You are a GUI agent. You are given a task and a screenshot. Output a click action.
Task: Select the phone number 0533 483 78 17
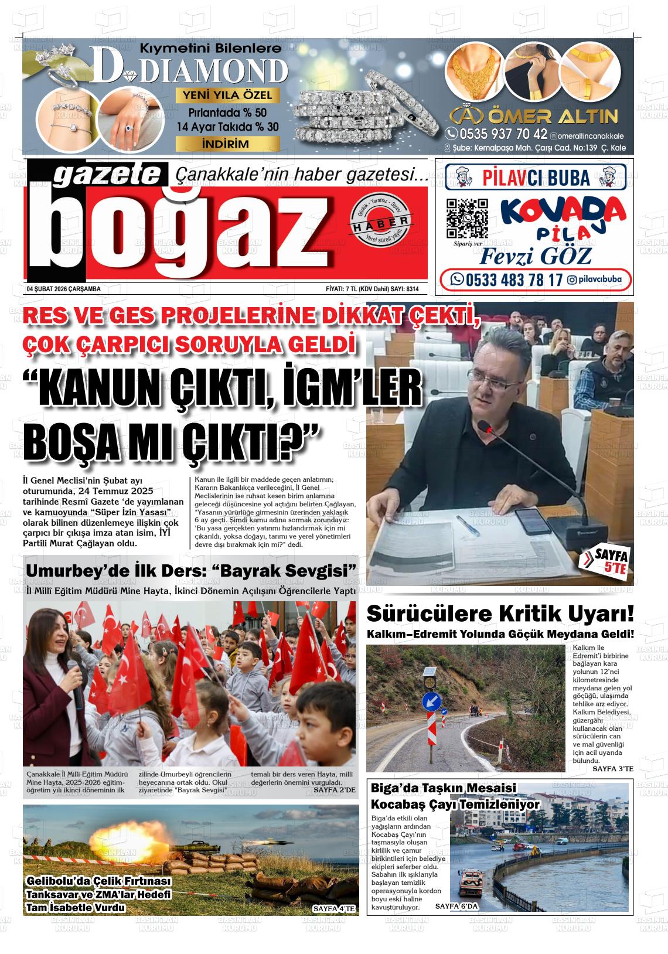point(506,280)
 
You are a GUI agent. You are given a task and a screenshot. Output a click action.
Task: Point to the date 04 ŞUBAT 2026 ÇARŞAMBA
point(64,289)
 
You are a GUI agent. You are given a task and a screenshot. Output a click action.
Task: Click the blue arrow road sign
point(432,700)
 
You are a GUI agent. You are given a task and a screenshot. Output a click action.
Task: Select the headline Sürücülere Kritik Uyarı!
point(500,614)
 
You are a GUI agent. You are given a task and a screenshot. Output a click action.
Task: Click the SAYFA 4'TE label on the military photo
point(334,909)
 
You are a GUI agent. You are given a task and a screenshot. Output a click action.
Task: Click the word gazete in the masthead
point(108,176)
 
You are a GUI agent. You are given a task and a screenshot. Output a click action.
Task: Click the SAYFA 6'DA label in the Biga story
point(457,906)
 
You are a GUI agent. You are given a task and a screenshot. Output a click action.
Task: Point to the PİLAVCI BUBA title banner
point(536,176)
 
